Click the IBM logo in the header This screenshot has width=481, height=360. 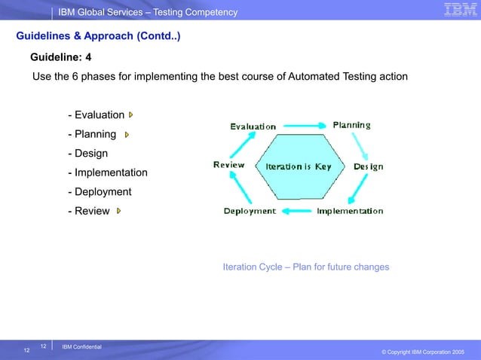point(459,10)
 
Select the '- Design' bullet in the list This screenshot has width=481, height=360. point(87,154)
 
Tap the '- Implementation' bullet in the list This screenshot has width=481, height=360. point(107,173)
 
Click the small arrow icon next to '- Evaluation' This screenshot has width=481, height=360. point(130,115)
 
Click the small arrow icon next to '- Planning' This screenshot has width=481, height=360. point(126,135)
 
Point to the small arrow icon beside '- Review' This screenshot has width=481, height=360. point(118,212)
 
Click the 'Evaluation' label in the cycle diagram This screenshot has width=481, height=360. point(253,127)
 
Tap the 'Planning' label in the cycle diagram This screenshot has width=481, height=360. point(351,125)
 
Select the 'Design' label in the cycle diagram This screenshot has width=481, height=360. point(368,166)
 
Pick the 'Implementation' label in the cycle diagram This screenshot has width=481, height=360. point(350,212)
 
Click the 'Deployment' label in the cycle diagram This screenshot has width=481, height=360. point(250,212)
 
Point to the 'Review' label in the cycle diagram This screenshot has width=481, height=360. point(228,165)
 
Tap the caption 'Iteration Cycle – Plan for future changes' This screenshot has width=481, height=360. point(306,267)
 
